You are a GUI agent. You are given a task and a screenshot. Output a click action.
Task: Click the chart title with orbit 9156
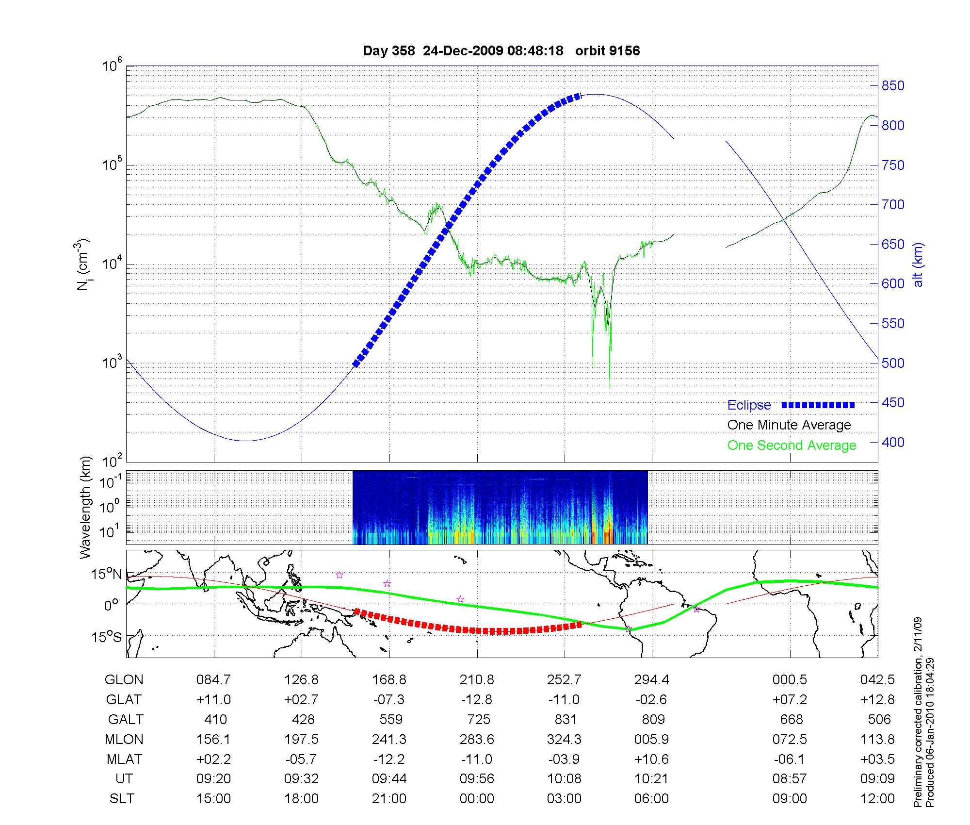pyautogui.click(x=501, y=50)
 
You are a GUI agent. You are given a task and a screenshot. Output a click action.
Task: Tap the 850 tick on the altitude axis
pyautogui.click(x=892, y=86)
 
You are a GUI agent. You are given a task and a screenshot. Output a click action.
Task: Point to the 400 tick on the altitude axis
pyautogui.click(x=892, y=442)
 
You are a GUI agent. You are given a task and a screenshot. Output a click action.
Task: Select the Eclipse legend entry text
pyautogui.click(x=749, y=405)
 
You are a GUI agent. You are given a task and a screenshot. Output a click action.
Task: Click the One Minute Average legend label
pyautogui.click(x=789, y=425)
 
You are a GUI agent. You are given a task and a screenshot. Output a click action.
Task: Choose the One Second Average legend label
pyautogui.click(x=792, y=445)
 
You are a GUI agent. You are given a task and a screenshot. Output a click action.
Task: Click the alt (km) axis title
pyautogui.click(x=918, y=264)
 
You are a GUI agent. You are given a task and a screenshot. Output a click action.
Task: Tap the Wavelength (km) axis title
pyautogui.click(x=85, y=507)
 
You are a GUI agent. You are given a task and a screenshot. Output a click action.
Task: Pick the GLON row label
pyautogui.click(x=124, y=679)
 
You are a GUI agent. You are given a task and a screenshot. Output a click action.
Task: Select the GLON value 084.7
pyautogui.click(x=213, y=679)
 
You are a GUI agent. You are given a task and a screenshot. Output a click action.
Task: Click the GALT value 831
pyautogui.click(x=565, y=719)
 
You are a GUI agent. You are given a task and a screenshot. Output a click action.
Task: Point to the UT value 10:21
pyautogui.click(x=652, y=779)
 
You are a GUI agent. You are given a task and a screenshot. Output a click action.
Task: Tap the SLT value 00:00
pyautogui.click(x=477, y=799)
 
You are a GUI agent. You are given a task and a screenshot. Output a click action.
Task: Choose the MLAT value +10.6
pyautogui.click(x=652, y=759)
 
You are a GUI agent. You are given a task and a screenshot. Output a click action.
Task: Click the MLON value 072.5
pyautogui.click(x=790, y=739)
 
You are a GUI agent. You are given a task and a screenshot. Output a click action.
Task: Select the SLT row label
pyautogui.click(x=122, y=799)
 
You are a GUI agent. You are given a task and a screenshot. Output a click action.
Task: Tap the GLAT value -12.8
pyautogui.click(x=477, y=699)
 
